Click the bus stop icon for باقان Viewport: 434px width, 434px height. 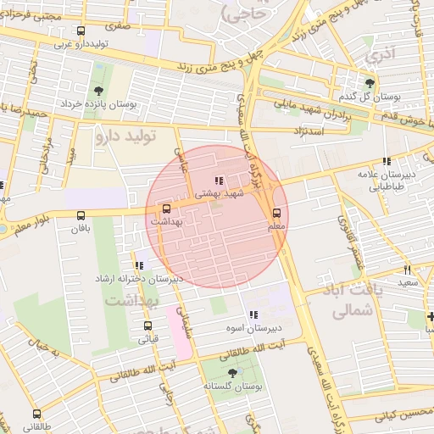[81, 216]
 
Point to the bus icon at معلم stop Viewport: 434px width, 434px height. [276, 213]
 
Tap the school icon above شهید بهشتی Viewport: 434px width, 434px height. [220, 181]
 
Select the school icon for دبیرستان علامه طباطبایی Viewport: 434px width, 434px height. [387, 161]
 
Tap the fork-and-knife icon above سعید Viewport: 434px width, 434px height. [409, 269]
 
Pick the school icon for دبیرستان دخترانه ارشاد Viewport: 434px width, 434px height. [139, 266]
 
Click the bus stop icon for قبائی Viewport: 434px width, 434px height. [147, 325]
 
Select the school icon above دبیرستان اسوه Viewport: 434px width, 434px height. [253, 315]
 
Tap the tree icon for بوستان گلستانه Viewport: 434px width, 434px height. [232, 373]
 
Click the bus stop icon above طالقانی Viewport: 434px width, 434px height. [36, 414]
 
